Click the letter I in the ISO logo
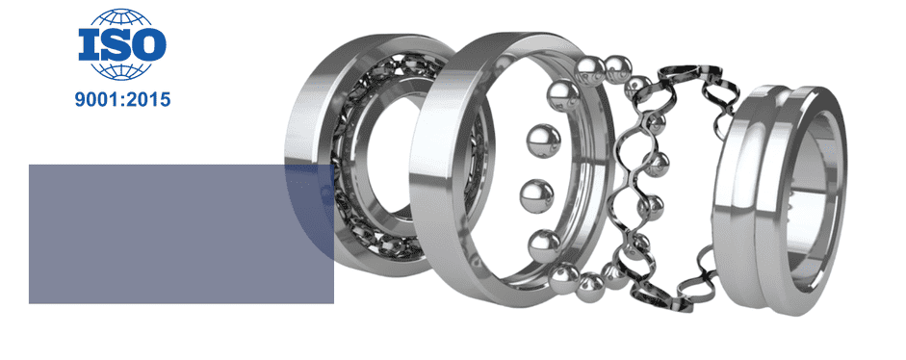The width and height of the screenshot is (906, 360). point(89,44)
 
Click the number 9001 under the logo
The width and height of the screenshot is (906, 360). point(95,99)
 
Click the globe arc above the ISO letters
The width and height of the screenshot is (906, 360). point(122,17)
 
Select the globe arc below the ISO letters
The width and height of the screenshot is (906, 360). point(122,70)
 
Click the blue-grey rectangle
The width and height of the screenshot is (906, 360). point(181,234)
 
